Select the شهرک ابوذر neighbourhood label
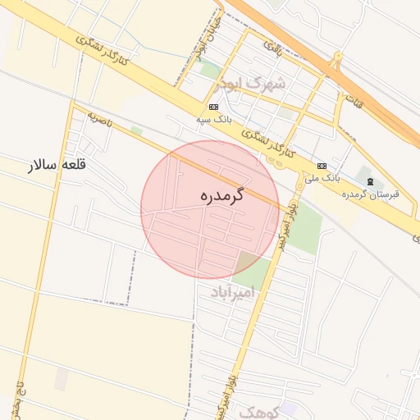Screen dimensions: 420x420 [251, 84]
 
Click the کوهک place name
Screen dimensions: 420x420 [259, 411]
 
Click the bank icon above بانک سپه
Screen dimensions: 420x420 [214, 107]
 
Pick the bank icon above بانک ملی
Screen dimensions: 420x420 [322, 165]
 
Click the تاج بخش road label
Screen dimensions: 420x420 [16, 398]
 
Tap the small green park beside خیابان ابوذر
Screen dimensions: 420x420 [211, 70]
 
